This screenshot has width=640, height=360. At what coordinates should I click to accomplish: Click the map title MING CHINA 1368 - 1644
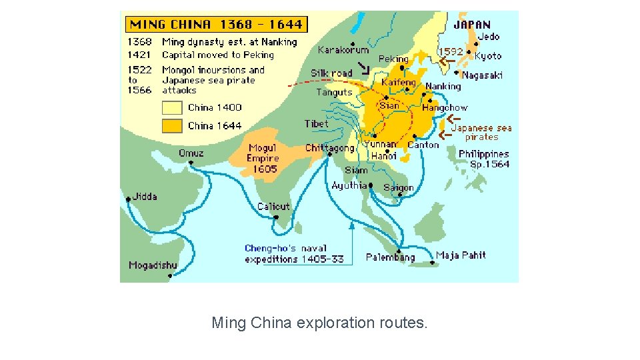click(x=215, y=25)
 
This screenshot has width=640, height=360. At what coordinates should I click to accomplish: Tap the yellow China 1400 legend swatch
click(x=172, y=107)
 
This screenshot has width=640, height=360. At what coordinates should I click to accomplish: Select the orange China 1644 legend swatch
click(x=172, y=125)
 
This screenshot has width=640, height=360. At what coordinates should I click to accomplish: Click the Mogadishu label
click(x=153, y=265)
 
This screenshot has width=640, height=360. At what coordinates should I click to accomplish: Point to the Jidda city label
click(x=145, y=197)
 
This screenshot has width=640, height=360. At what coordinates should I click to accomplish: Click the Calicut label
click(x=273, y=207)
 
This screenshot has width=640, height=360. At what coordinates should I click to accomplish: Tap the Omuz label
click(x=191, y=153)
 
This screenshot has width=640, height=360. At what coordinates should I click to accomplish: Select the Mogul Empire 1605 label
click(x=263, y=159)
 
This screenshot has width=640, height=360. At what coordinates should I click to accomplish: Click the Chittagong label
click(x=329, y=148)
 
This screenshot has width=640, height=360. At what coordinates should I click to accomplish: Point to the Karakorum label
click(x=343, y=50)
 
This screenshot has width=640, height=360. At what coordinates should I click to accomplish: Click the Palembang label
click(x=390, y=257)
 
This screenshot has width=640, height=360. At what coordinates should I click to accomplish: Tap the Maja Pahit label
click(x=461, y=255)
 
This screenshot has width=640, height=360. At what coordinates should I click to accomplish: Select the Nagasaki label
click(x=482, y=75)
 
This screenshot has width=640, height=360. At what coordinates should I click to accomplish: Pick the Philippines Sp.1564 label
click(x=484, y=159)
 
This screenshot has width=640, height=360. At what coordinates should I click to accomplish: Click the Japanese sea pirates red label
click(x=481, y=133)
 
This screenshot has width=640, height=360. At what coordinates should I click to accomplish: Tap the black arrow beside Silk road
click(x=363, y=68)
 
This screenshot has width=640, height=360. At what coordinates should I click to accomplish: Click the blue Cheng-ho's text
click(x=267, y=248)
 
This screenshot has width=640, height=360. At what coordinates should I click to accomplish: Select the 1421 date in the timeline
click(x=140, y=55)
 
